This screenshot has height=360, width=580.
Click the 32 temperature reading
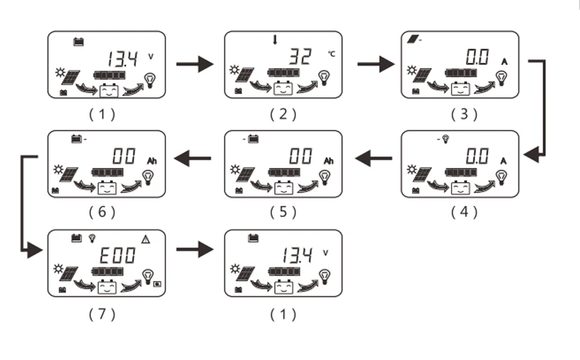pyautogui.click(x=301, y=59)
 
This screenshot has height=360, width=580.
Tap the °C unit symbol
pyautogui.click(x=331, y=54)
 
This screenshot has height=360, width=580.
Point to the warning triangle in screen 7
pyautogui.click(x=146, y=238)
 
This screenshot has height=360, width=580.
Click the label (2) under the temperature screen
pyautogui.click(x=283, y=114)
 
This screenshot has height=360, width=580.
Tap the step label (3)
pyautogui.click(x=464, y=114)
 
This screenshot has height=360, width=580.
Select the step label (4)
pyautogui.click(x=464, y=212)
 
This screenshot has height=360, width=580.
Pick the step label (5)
pyautogui.click(x=283, y=212)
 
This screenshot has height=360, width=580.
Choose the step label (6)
pyautogui.click(x=102, y=212)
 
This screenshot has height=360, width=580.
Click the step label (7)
pyautogui.click(x=102, y=314)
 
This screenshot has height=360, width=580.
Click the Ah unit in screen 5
pyautogui.click(x=329, y=161)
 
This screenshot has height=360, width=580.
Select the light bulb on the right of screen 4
pyautogui.click(x=502, y=176)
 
